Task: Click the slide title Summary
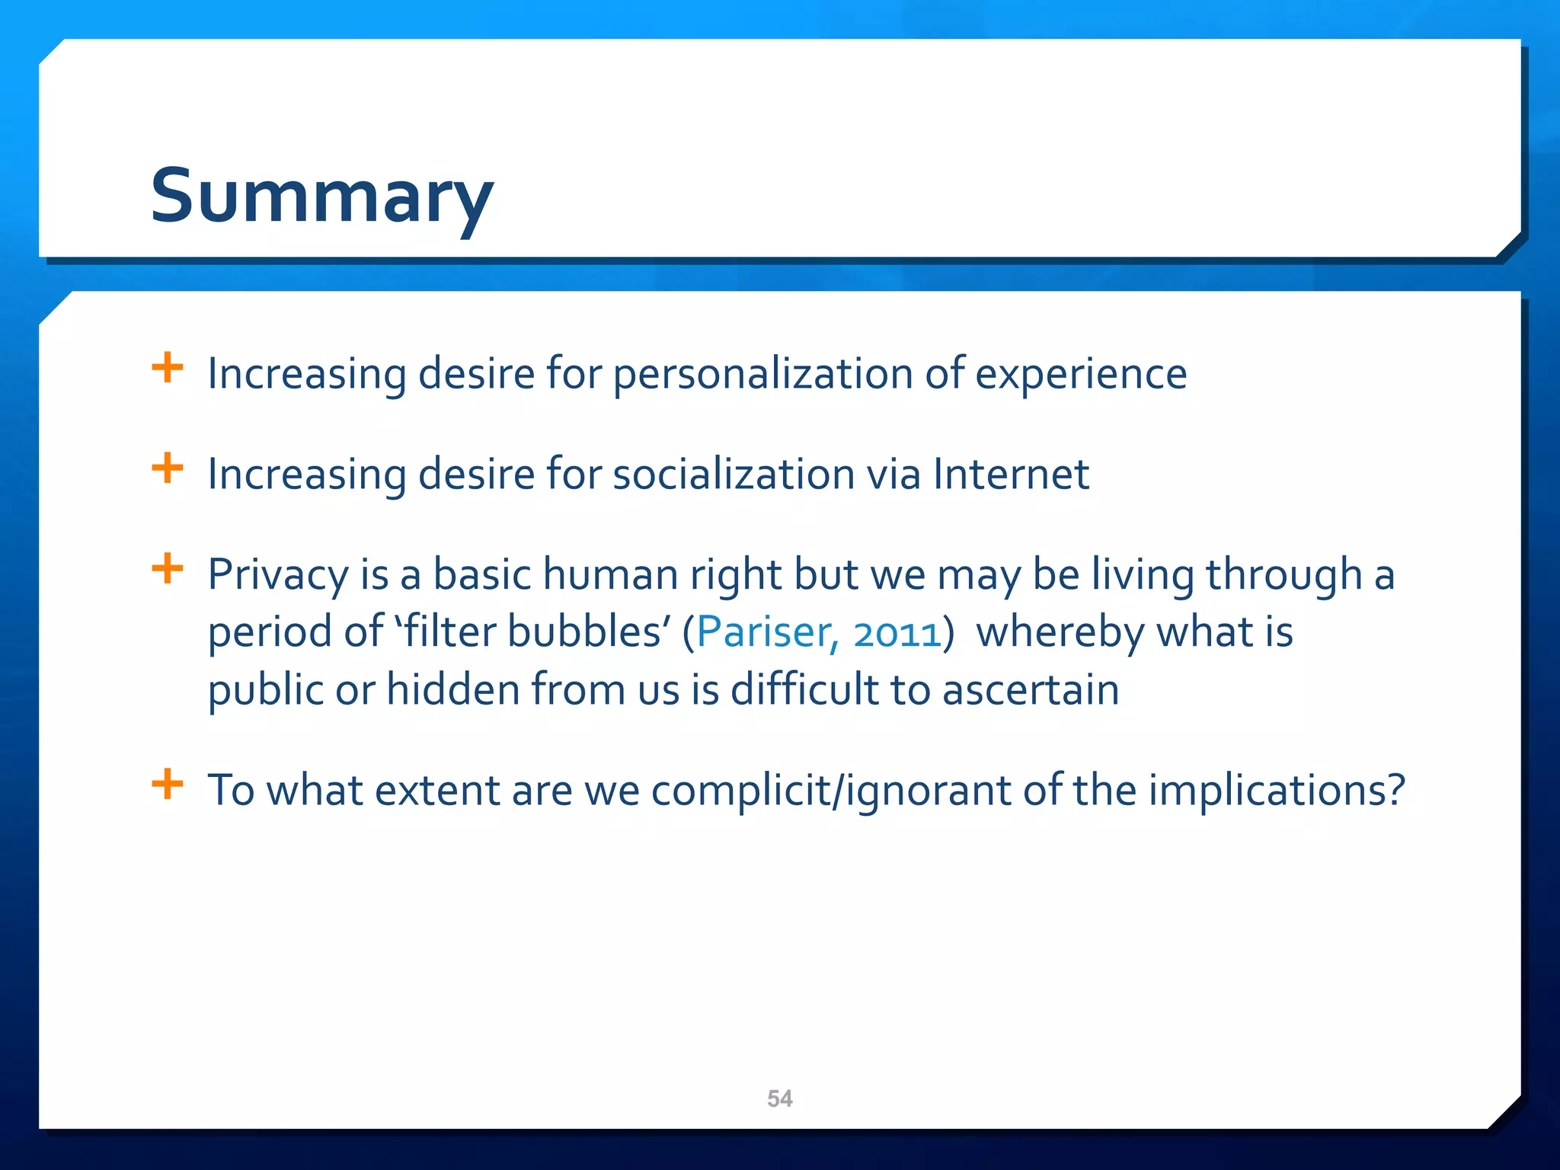point(322,196)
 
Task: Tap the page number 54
point(779,1098)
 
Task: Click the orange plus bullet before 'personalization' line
point(168,368)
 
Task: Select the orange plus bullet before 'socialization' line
point(168,468)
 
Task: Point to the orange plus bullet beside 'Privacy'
point(168,568)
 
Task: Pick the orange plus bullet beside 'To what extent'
point(168,784)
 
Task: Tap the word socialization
point(734,474)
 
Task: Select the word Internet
point(1011,474)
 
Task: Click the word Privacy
point(278,574)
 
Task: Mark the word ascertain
point(1031,689)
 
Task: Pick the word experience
point(1080,374)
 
